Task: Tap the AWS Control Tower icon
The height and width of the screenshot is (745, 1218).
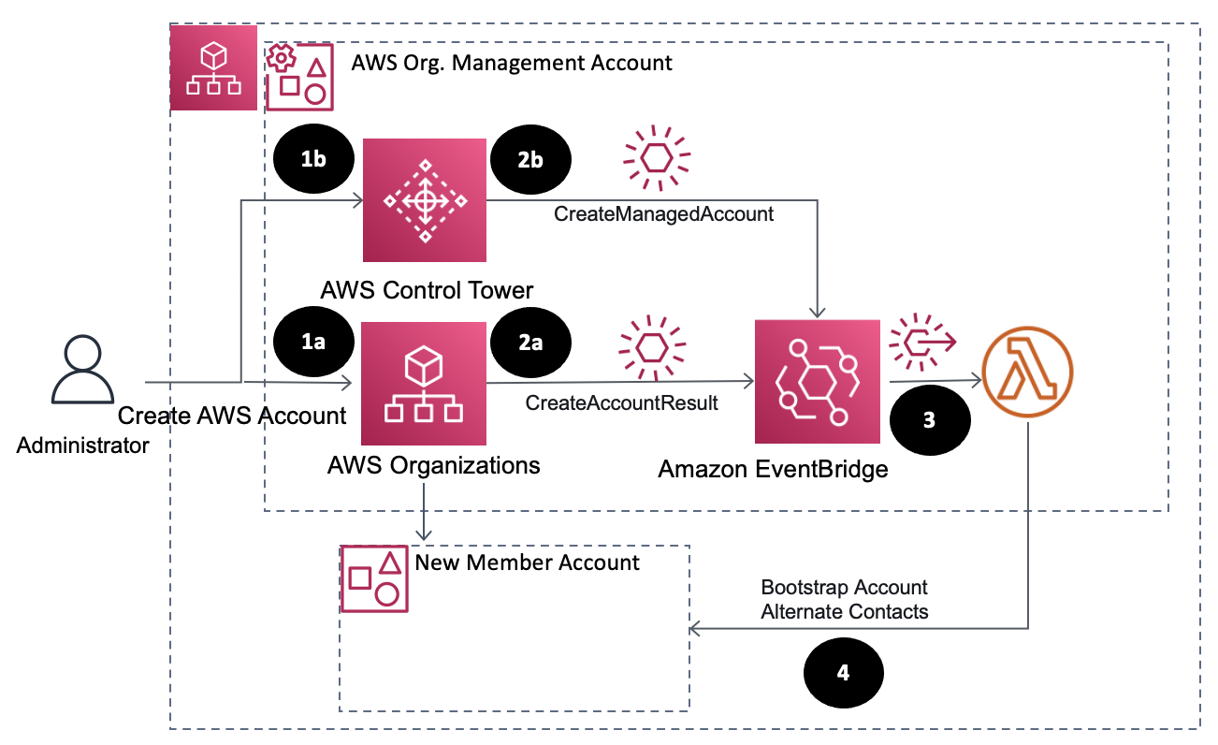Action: pyautogui.click(x=425, y=199)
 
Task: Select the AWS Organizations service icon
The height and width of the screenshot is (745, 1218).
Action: pyautogui.click(x=425, y=383)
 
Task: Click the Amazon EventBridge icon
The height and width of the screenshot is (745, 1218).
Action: pyautogui.click(x=817, y=381)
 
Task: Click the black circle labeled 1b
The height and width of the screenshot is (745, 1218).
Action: pyautogui.click(x=313, y=160)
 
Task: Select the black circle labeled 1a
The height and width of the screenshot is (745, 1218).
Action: pyautogui.click(x=313, y=343)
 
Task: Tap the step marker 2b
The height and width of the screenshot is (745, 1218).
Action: pyautogui.click(x=530, y=160)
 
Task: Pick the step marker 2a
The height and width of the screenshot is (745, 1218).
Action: pyautogui.click(x=530, y=343)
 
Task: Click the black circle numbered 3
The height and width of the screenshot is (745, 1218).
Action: pyautogui.click(x=928, y=421)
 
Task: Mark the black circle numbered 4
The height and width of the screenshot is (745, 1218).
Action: pyautogui.click(x=843, y=673)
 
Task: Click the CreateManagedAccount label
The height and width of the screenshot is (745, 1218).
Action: pyautogui.click(x=663, y=214)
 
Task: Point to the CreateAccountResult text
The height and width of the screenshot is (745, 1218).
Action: pyautogui.click(x=621, y=403)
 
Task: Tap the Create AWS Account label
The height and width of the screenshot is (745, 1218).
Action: pyautogui.click(x=232, y=416)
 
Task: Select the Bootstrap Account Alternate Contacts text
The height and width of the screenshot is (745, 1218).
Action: pyautogui.click(x=844, y=600)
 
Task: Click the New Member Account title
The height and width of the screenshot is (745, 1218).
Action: pyautogui.click(x=527, y=562)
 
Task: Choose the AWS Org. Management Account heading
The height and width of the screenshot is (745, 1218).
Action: pyautogui.click(x=512, y=63)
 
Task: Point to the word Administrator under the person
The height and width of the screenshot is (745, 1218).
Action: pyautogui.click(x=83, y=446)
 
